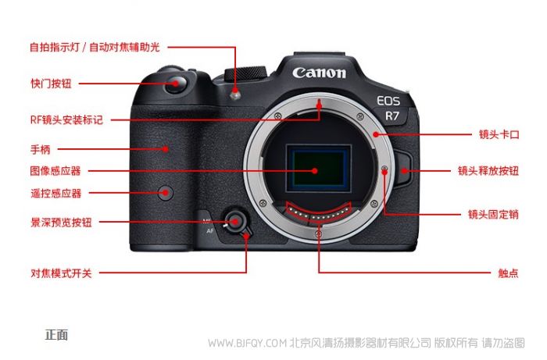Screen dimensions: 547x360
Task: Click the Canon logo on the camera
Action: pyautogui.click(x=319, y=73)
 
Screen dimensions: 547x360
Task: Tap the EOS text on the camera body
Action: pyautogui.click(x=388, y=101)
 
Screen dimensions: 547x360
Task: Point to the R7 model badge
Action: pyautogui.click(x=391, y=116)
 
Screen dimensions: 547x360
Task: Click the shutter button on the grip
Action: pyautogui.click(x=176, y=84)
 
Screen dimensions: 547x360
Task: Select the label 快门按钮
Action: pyautogui.click(x=51, y=84)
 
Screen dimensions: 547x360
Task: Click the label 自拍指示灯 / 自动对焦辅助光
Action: pyautogui.click(x=95, y=47)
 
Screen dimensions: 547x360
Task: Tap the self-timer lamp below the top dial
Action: pyautogui.click(x=235, y=94)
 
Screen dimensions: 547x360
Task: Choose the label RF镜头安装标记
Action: pyautogui.click(x=66, y=120)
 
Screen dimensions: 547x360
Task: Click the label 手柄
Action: pyautogui.click(x=41, y=149)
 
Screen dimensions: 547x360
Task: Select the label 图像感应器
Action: pyautogui.click(x=55, y=171)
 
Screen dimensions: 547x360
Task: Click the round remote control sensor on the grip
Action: pyautogui.click(x=166, y=193)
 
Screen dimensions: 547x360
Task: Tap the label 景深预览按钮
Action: pyautogui.click(x=62, y=223)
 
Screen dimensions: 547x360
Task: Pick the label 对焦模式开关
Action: pyautogui.click(x=62, y=273)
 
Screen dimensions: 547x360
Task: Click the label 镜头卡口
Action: pyautogui.click(x=499, y=134)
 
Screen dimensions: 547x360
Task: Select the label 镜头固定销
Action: pyautogui.click(x=493, y=214)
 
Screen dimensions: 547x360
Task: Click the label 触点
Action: pyautogui.click(x=508, y=273)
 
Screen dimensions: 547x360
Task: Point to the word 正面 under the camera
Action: pyautogui.click(x=56, y=335)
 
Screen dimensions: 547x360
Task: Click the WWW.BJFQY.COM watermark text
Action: pyautogui.click(x=248, y=344)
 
